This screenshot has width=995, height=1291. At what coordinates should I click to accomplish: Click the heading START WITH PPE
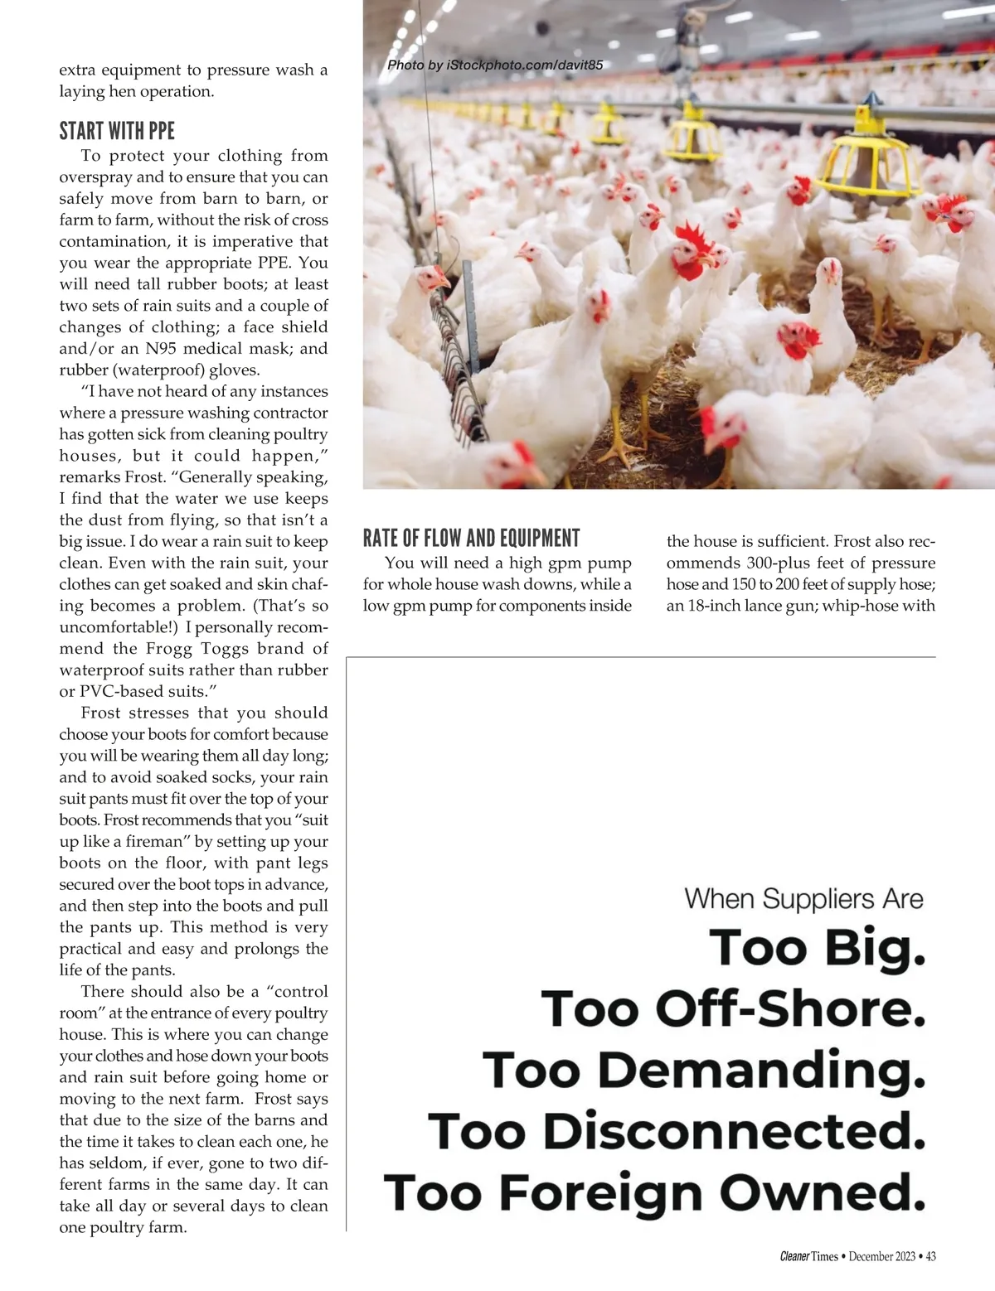tap(117, 131)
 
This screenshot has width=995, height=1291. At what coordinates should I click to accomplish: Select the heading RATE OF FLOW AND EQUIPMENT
tap(471, 539)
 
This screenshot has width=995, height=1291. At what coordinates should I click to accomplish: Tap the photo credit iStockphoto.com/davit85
tap(495, 65)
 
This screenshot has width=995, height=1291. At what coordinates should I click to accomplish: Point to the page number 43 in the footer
tap(930, 1256)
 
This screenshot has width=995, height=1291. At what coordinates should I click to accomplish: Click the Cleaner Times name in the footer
tap(809, 1256)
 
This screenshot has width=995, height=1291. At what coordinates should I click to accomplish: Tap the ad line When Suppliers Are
tap(803, 899)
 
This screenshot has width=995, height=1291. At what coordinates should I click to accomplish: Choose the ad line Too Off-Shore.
tap(733, 1009)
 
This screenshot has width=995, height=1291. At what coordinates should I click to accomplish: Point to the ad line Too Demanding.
tap(703, 1071)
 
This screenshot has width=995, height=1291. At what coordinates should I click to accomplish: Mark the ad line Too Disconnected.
tap(677, 1132)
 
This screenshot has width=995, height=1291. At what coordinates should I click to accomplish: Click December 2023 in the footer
tap(881, 1256)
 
